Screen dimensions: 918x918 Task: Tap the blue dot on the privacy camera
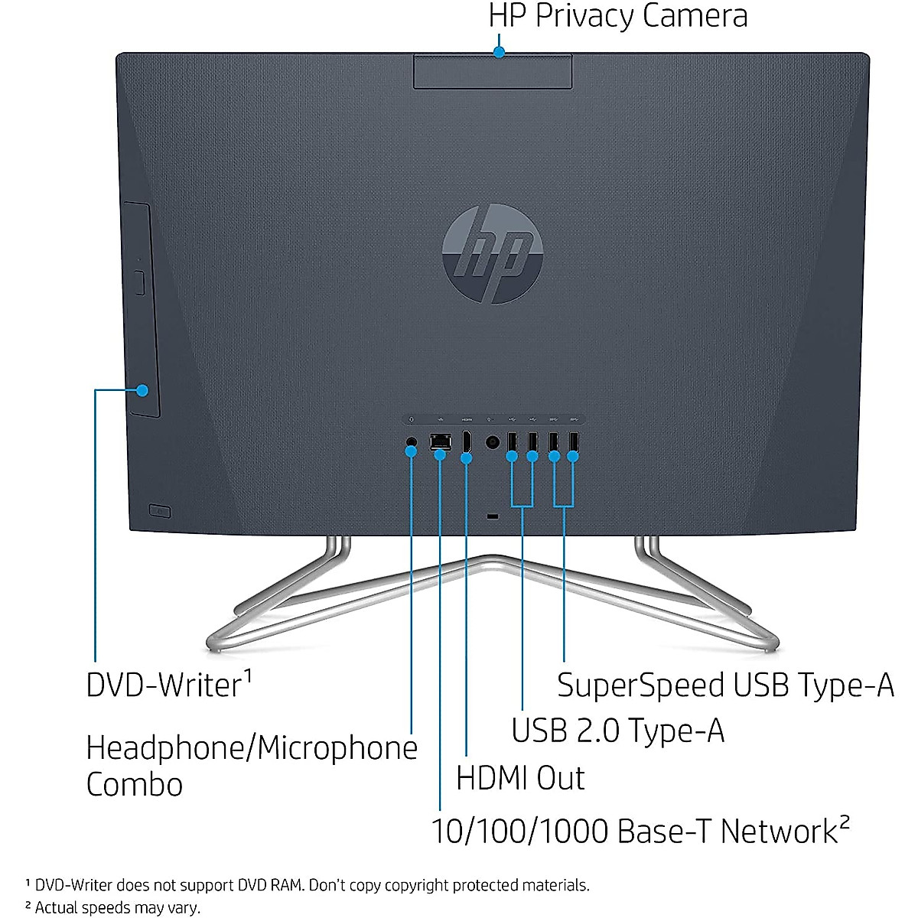pyautogui.click(x=500, y=52)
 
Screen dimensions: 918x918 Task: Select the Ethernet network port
pyautogui.click(x=440, y=442)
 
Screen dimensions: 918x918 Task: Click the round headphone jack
pyautogui.click(x=411, y=441)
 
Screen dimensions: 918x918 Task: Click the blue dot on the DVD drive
pyautogui.click(x=142, y=390)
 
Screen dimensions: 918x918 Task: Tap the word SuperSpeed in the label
pyautogui.click(x=640, y=685)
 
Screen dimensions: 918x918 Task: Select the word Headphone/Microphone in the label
pyautogui.click(x=252, y=747)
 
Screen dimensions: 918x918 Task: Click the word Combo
pyautogui.click(x=135, y=785)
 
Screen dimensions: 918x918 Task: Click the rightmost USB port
pyautogui.click(x=573, y=442)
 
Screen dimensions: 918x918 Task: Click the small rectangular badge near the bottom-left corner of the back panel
pyautogui.click(x=159, y=509)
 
